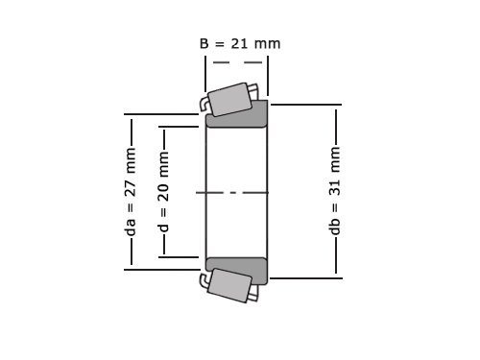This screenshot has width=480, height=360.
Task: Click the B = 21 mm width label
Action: (240, 43)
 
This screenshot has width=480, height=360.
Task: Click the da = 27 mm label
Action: (132, 192)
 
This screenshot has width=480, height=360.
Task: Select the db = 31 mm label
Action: (336, 192)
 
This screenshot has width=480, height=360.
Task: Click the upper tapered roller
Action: (231, 98)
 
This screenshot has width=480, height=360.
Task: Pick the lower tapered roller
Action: (229, 285)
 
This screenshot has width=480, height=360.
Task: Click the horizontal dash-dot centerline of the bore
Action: (236, 192)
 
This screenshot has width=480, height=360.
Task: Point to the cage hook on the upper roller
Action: (204, 103)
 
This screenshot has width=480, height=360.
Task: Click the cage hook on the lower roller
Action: (204, 279)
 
